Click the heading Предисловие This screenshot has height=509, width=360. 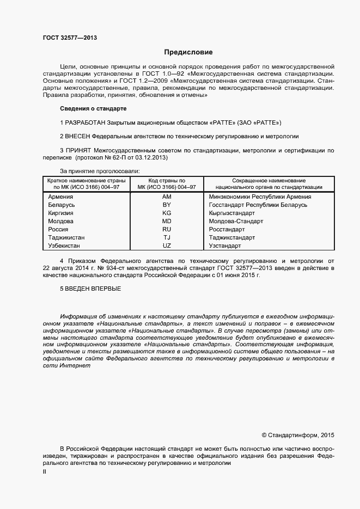(188, 53)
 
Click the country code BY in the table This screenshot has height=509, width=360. (167, 205)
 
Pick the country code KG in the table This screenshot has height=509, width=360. (167, 213)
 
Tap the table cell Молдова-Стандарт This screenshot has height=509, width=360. (236, 221)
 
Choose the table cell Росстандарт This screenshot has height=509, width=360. (229, 229)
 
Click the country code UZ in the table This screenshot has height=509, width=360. (167, 246)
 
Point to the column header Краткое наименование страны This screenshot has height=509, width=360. (86, 181)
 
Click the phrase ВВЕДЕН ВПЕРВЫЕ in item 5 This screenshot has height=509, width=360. (93, 288)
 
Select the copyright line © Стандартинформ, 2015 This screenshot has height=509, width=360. (298, 435)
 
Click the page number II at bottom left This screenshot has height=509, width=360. (45, 472)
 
